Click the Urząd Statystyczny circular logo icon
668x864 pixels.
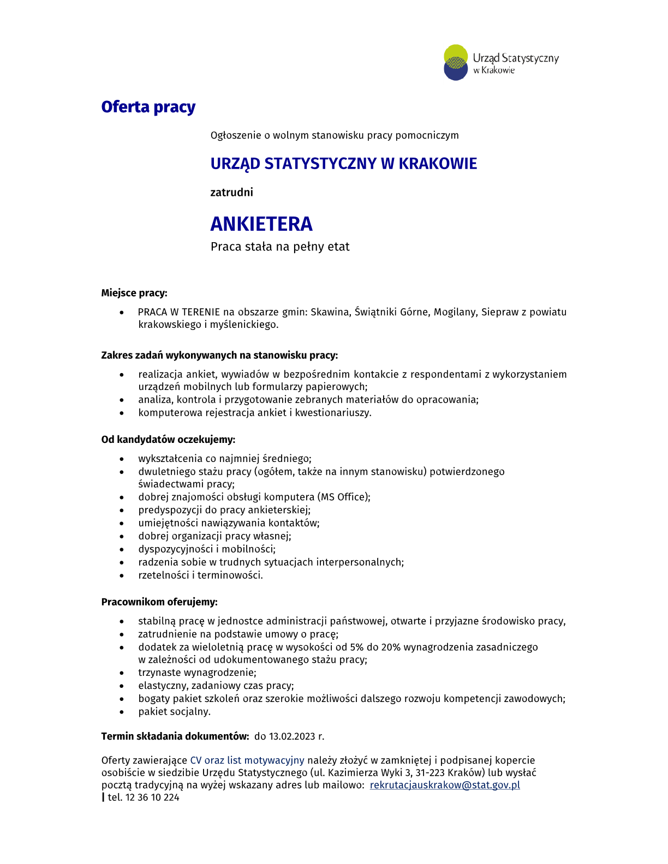pyautogui.click(x=456, y=62)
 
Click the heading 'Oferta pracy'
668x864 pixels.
pyautogui.click(x=148, y=107)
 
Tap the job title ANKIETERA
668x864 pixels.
pyautogui.click(x=261, y=224)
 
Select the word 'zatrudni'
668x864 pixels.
pyautogui.click(x=231, y=192)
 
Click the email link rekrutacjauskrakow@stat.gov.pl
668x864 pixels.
pyautogui.click(x=445, y=785)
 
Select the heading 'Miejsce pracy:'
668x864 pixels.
pyautogui.click(x=134, y=293)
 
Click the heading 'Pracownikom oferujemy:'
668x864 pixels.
pyautogui.click(x=159, y=602)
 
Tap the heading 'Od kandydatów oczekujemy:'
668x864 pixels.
pyautogui.click(x=168, y=440)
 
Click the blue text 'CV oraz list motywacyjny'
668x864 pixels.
pyautogui.click(x=247, y=760)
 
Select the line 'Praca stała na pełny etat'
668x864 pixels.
pyautogui.click(x=280, y=247)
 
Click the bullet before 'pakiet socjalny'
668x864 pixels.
pyautogui.click(x=122, y=712)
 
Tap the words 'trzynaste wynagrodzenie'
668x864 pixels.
pyautogui.click(x=197, y=673)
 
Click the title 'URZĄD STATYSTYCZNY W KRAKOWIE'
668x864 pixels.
pyautogui.click(x=343, y=164)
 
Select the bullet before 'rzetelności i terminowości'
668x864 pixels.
pyautogui.click(x=122, y=576)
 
